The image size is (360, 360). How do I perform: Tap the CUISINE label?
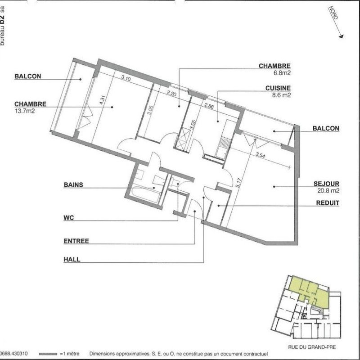coord(278,88)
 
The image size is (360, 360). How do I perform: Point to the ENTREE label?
coord(76,241)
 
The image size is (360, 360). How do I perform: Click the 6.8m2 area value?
coord(280,72)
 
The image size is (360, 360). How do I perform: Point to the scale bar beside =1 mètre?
coord(54,354)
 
